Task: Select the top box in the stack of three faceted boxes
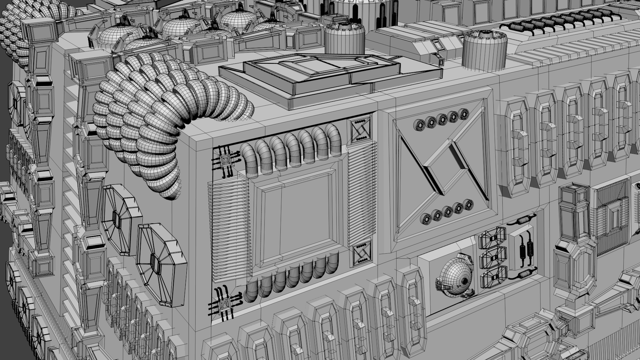pyautogui.click(x=493, y=237)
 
